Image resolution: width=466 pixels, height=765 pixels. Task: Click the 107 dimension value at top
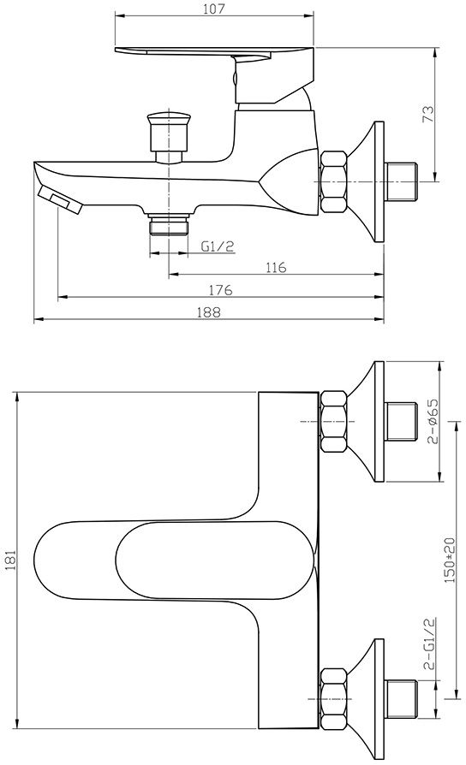(x=213, y=9)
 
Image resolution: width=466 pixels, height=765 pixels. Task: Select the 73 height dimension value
(x=427, y=114)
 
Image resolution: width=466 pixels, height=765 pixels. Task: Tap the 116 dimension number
(x=276, y=267)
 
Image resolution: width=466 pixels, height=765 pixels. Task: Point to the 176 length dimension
(x=221, y=290)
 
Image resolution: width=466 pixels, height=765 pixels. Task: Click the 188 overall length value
(x=208, y=312)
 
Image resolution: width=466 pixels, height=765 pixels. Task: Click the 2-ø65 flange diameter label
(x=433, y=421)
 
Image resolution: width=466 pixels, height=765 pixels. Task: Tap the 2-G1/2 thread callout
(x=430, y=644)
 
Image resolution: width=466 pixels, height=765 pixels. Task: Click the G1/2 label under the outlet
(x=218, y=246)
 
